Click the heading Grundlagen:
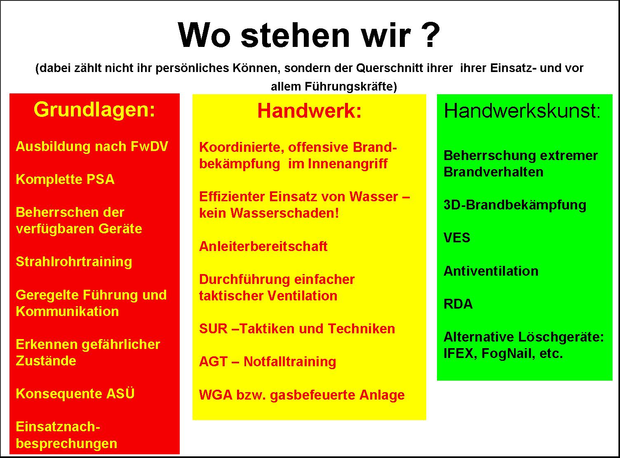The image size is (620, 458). (x=94, y=110)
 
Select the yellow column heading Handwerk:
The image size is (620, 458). (x=310, y=111)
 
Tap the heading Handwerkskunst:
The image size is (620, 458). (x=522, y=111)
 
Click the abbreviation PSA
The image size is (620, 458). (x=100, y=179)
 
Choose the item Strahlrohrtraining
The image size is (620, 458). (x=74, y=262)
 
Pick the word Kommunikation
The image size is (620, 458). (x=67, y=312)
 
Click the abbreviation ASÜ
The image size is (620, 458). (x=120, y=393)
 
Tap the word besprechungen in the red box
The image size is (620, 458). (x=66, y=444)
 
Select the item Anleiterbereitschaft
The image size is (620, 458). (x=263, y=246)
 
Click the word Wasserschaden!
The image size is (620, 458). (x=284, y=213)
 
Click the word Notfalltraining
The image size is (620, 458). (x=289, y=362)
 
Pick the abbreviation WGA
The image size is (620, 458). (x=216, y=395)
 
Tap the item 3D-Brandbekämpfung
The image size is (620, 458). (x=514, y=205)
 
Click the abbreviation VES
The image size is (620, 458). (x=457, y=238)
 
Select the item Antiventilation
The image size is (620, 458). (x=491, y=271)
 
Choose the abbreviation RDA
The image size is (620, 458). (x=458, y=304)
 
